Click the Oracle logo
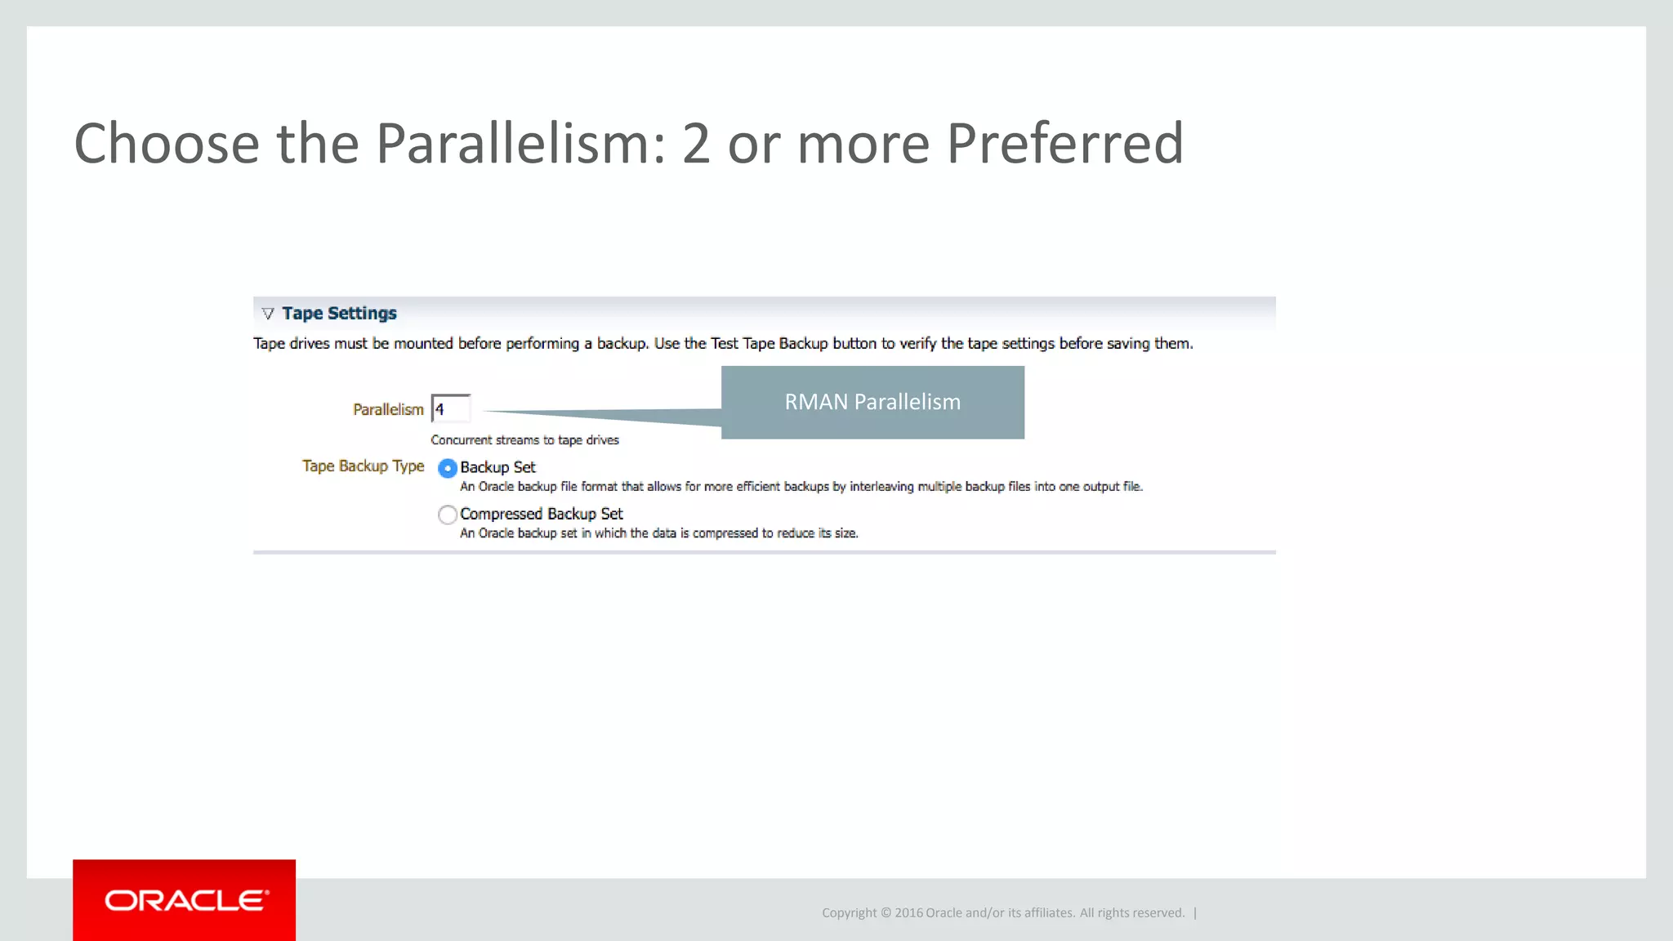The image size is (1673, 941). coord(185,900)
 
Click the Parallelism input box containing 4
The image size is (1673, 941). coord(451,408)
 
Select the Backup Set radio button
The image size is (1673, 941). coord(447,468)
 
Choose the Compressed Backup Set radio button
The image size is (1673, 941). coord(447,515)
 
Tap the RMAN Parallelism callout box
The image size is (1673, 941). coord(872,402)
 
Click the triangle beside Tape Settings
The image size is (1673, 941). coord(268,314)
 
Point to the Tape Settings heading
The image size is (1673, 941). coord(339,314)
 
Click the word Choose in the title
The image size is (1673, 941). coord(167,144)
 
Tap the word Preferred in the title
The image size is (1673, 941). coord(1064,144)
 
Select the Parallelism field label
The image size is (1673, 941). coord(388,409)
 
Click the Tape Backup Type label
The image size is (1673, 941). coord(363,466)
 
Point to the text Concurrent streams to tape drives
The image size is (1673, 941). coord(524,440)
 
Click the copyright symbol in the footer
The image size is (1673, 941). coord(886,913)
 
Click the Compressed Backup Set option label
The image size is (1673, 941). coord(541,514)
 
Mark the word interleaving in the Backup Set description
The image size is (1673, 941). coord(881,487)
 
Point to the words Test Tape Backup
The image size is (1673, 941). coord(769,344)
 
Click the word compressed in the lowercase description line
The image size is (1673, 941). coord(725,533)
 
